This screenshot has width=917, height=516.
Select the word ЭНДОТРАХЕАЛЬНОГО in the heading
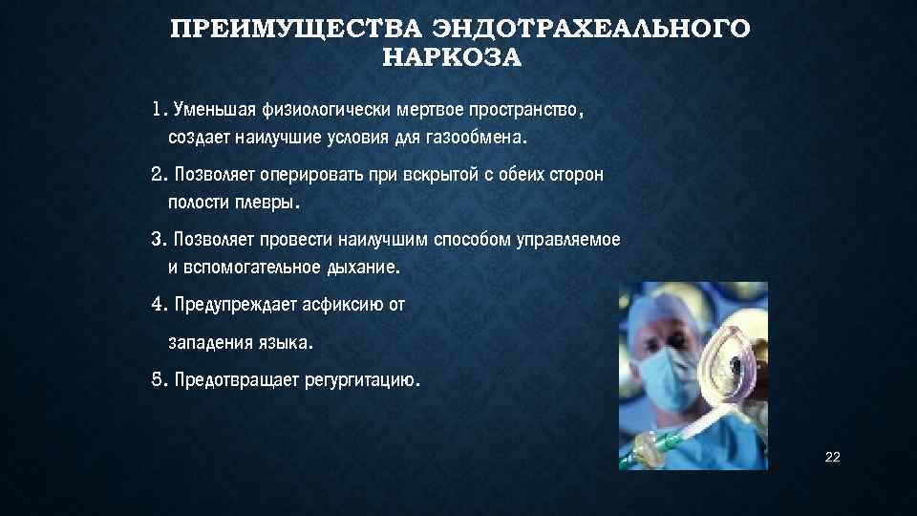click(x=585, y=28)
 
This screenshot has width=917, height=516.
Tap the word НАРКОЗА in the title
click(x=452, y=59)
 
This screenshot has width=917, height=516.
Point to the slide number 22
click(x=832, y=459)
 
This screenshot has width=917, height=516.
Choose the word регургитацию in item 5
click(x=361, y=380)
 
